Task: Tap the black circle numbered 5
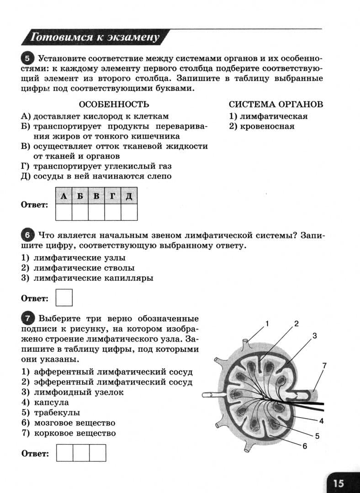pos(28,58)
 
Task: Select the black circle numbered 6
pos(28,236)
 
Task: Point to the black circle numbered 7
pos(28,318)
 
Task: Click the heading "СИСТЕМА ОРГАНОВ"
pos(276,104)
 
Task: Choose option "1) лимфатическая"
pos(268,116)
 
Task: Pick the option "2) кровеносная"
pos(262,126)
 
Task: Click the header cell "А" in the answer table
pos(64,196)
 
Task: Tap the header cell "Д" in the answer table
pos(129,196)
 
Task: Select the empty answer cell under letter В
pos(96,212)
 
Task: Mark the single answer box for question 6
pos(64,298)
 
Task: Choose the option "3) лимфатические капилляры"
pos(87,278)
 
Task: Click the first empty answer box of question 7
pos(64,453)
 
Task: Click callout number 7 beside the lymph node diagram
pos(324,366)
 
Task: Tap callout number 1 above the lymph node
pos(267,324)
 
